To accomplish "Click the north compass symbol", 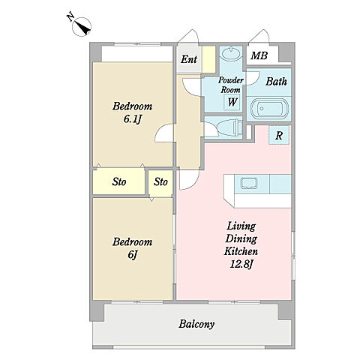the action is point(82,27).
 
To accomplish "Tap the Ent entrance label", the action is point(189,59).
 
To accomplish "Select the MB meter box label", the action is point(259,55).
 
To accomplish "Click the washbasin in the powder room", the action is point(232,53).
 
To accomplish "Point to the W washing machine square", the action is point(232,102).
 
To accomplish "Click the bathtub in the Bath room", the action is point(269,108).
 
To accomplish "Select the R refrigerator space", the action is point(279,135).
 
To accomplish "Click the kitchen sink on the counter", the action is point(248,184).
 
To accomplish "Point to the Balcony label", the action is point(196,324).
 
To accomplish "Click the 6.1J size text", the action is point(133,119).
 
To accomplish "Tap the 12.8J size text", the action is point(241,264).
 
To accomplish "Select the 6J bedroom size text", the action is point(133,255).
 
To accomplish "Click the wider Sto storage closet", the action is point(119,181).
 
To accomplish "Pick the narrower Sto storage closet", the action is point(160,183).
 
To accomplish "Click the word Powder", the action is point(231,80).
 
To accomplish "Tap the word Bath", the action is point(276,82).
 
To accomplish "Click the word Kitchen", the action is point(241,251).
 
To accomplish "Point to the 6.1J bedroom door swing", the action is point(163,133).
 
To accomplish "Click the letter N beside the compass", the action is point(70,16).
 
